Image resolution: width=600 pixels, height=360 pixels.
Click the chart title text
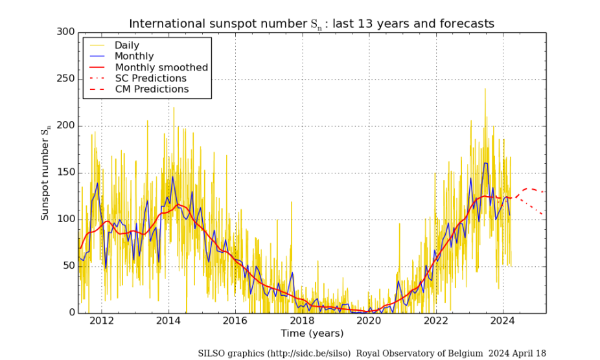pos(312,24)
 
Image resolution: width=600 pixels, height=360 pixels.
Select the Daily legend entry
pos(128,45)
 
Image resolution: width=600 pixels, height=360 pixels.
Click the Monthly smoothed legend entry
pos(161,67)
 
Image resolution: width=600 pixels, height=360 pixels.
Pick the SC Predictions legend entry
pos(150,78)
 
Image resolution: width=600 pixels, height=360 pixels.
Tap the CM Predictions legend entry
pos(152,89)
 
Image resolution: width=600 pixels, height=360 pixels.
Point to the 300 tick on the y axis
pos(65,32)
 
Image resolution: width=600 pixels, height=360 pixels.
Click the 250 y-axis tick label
pos(65,79)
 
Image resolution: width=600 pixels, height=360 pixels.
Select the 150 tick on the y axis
pos(65,173)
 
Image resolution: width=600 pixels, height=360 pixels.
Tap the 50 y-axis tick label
pos(68,266)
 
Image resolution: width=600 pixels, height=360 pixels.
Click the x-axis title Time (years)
pos(312,333)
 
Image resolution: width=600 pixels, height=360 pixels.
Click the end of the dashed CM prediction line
pos(544,192)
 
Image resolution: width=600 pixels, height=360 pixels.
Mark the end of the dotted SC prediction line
pos(544,215)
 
